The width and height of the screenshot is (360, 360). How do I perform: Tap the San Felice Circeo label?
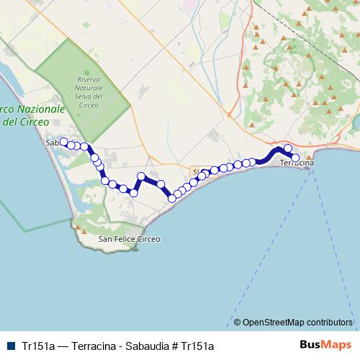click(129, 238)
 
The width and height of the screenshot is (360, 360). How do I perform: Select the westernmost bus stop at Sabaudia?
click(63, 142)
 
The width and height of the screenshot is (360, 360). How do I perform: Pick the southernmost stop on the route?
click(172, 198)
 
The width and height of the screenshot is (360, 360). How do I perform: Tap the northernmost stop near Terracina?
click(288, 148)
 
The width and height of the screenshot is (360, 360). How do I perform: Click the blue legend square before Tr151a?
click(9, 346)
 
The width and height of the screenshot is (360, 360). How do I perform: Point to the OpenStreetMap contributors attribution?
click(297, 322)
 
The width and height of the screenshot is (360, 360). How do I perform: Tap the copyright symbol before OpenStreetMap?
click(238, 322)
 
